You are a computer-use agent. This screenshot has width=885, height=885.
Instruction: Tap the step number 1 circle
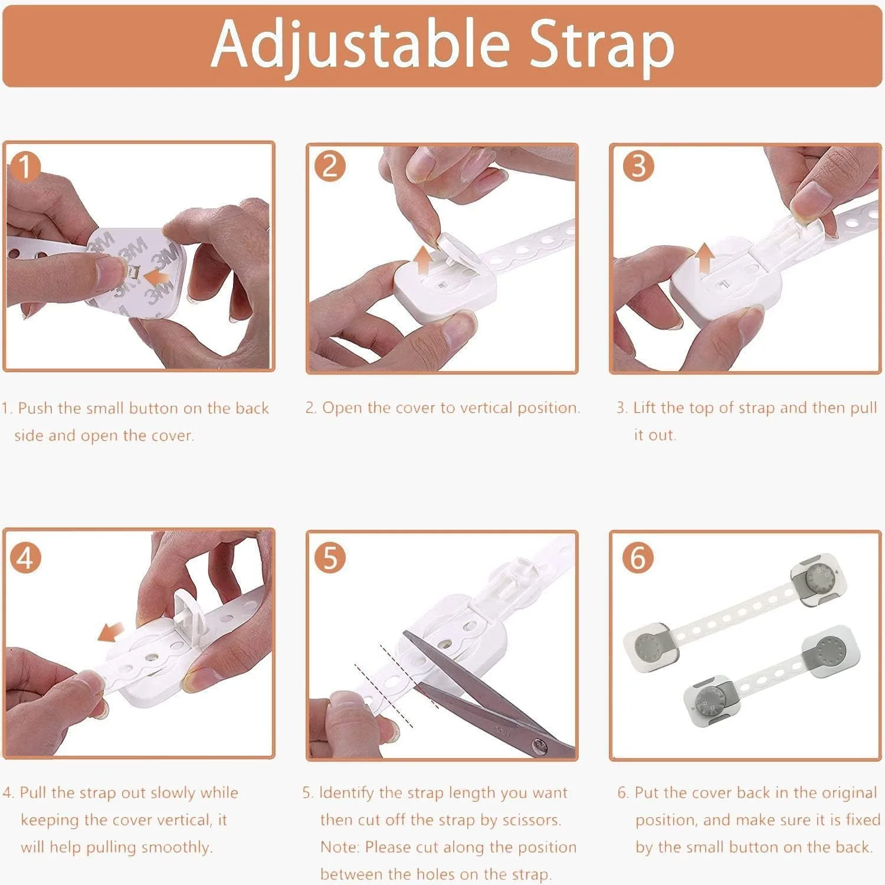point(24,168)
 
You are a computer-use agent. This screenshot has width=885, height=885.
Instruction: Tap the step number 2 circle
point(330,166)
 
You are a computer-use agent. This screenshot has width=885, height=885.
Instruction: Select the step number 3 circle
point(638,166)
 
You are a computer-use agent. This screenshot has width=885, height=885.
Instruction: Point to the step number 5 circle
point(330,557)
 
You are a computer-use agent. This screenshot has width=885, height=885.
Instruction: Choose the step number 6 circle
point(638,557)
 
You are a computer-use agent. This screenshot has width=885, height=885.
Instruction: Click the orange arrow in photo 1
point(159,277)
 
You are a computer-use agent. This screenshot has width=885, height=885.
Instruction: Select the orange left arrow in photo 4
point(110,632)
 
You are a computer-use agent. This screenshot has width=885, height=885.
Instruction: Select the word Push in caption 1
point(35,408)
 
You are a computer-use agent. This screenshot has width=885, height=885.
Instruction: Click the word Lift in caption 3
point(644,408)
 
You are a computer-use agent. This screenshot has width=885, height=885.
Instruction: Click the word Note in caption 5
point(339,847)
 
